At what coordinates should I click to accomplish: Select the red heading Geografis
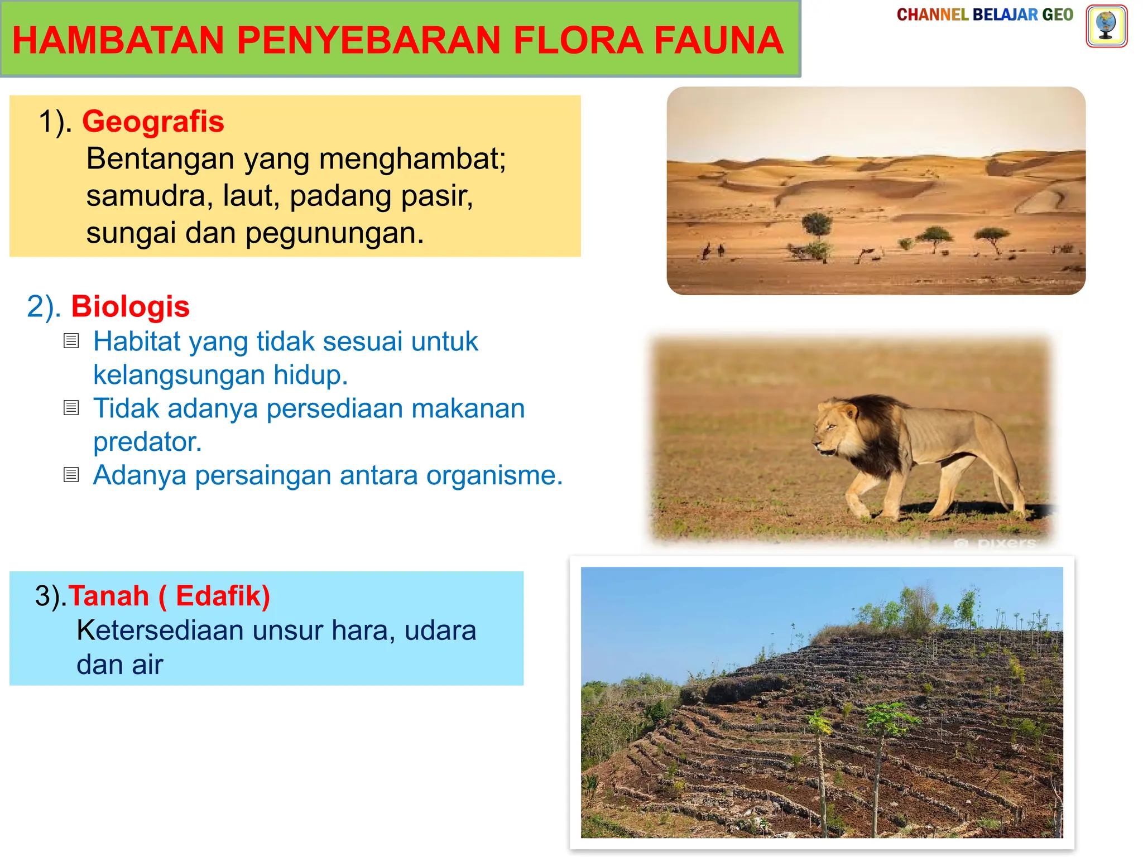(x=153, y=121)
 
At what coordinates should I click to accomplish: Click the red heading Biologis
(x=130, y=306)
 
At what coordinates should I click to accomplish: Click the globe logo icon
(x=1106, y=26)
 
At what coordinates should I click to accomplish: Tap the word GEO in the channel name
(x=1057, y=15)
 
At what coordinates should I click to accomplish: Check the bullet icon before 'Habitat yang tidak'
(x=71, y=340)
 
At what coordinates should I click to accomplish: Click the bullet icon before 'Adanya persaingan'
(x=71, y=474)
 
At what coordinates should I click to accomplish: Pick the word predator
(x=147, y=441)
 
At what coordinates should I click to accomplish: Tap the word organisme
(x=494, y=475)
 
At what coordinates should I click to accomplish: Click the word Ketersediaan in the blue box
(x=160, y=630)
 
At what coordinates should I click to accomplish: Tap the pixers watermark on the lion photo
(x=999, y=543)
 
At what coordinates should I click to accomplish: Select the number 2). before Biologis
(x=44, y=306)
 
